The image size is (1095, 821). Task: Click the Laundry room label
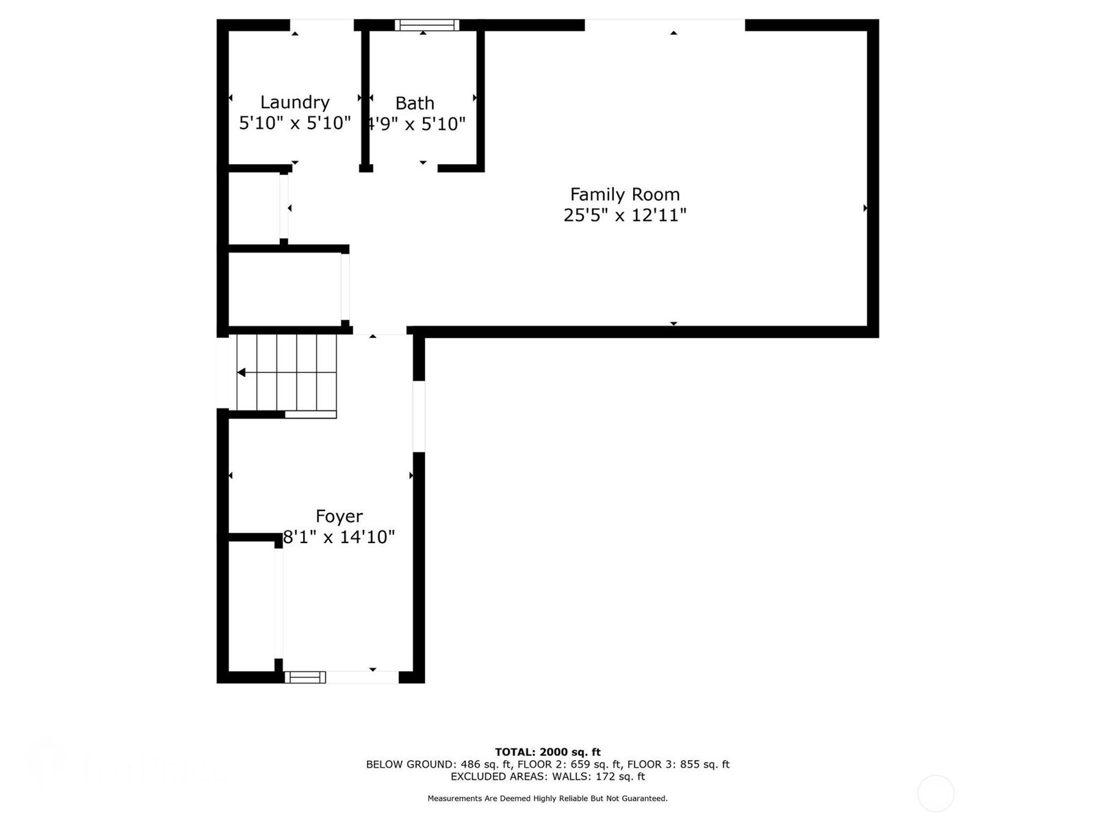pyautogui.click(x=294, y=102)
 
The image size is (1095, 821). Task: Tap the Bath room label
pyautogui.click(x=415, y=103)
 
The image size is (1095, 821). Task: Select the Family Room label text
pyautogui.click(x=624, y=194)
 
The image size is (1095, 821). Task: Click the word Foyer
pyautogui.click(x=339, y=516)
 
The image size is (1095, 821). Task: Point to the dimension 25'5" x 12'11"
pyautogui.click(x=624, y=216)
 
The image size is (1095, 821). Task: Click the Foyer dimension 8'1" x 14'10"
pyautogui.click(x=339, y=537)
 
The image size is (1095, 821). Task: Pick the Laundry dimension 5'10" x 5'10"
pyautogui.click(x=294, y=123)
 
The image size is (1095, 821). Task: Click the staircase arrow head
pyautogui.click(x=242, y=372)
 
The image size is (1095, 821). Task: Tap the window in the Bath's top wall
pyautogui.click(x=426, y=25)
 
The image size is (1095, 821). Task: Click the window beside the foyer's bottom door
pyautogui.click(x=305, y=677)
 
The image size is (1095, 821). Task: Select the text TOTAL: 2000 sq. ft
pyautogui.click(x=547, y=752)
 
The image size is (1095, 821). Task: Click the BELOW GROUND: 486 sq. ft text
pyautogui.click(x=439, y=764)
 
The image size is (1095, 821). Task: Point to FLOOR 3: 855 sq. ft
pyautogui.click(x=678, y=764)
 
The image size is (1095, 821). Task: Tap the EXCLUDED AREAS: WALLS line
pyautogui.click(x=547, y=777)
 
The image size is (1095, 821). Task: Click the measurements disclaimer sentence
pyautogui.click(x=547, y=798)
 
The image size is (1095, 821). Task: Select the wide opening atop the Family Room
pyautogui.click(x=665, y=25)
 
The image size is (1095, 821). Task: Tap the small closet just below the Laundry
pyautogui.click(x=253, y=207)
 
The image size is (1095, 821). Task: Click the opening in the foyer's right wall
pyautogui.click(x=419, y=416)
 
